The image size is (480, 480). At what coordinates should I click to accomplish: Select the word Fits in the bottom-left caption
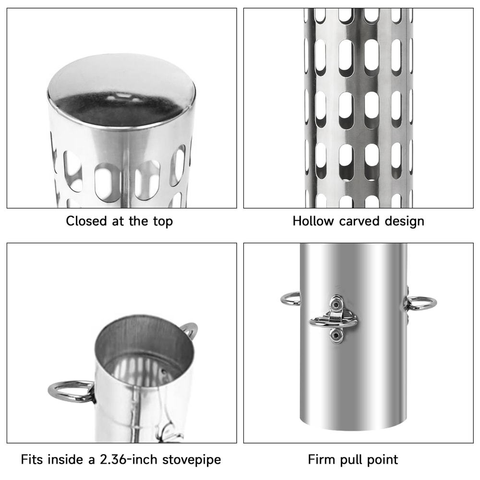pos(32,459)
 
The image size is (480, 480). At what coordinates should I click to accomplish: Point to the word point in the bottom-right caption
pos(382,460)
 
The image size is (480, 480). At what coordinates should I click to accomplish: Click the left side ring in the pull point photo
pos(290,299)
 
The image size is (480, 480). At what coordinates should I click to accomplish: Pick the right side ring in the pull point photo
pos(421,303)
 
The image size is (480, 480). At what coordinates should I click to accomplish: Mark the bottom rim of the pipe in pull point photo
pos(353,429)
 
